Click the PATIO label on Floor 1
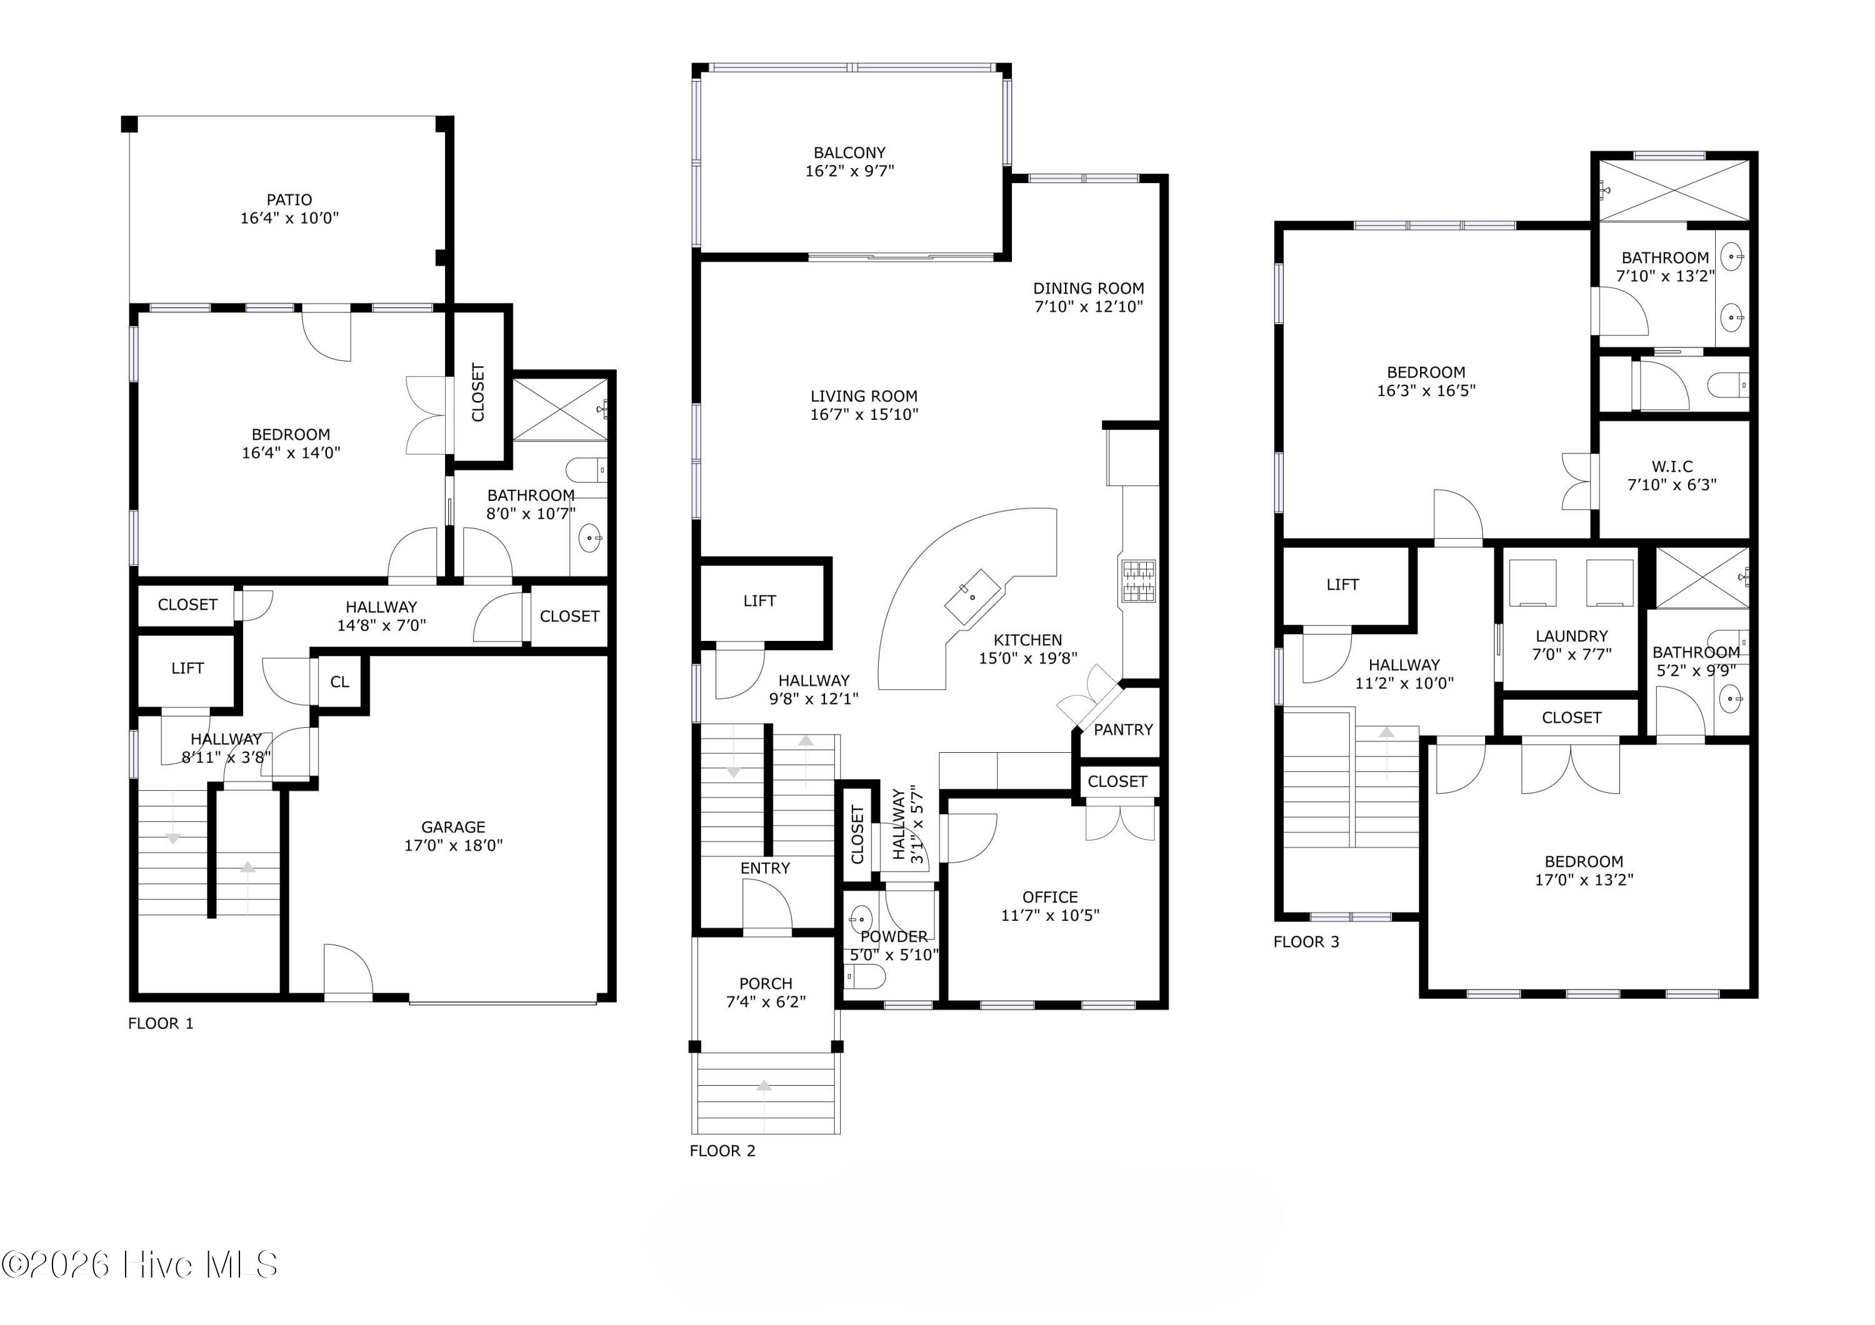coord(289,199)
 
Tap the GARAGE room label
coord(453,827)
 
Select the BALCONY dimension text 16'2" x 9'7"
coord(849,171)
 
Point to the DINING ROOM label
coord(1089,288)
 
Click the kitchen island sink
coord(972,597)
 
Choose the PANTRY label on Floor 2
coord(1123,730)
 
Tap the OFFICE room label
coord(1050,897)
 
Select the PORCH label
coord(766,984)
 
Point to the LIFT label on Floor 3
coord(1342,585)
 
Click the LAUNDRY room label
coord(1572,636)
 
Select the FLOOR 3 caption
coord(1307,942)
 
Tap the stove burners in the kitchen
coord(1138,581)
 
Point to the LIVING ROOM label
coord(864,396)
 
